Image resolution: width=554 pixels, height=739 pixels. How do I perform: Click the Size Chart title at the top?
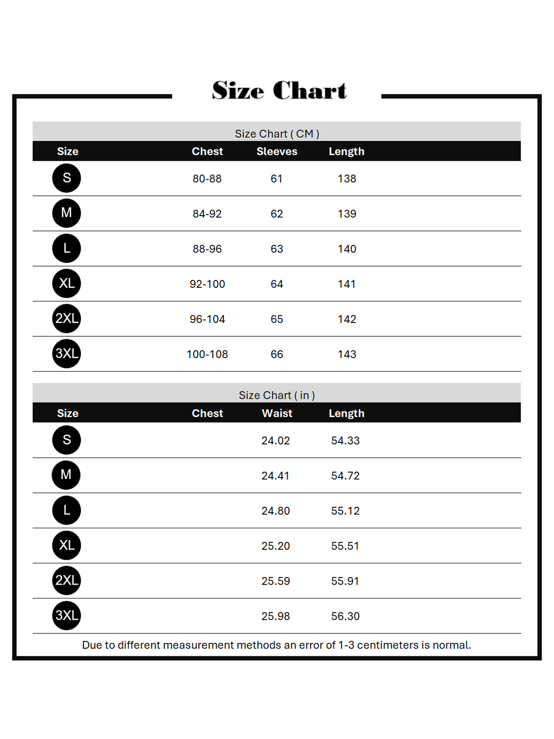pos(279,90)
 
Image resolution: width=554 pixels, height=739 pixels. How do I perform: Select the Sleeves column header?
pos(277,151)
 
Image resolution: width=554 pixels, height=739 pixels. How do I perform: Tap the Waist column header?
pos(277,413)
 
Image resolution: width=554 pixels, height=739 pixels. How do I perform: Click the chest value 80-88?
pos(207,179)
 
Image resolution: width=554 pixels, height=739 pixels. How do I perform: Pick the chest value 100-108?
pos(207,354)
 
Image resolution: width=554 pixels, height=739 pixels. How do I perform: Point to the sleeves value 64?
pos(277,284)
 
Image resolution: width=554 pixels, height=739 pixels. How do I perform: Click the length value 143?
pos(347,354)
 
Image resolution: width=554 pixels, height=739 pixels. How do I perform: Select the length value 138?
pos(347,179)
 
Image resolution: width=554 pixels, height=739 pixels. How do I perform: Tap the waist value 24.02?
pos(276,441)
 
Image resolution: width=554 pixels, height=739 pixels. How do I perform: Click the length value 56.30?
pos(345,616)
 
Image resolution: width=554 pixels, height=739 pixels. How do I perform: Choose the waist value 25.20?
pos(276,546)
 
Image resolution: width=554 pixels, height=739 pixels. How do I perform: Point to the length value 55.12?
pos(345,511)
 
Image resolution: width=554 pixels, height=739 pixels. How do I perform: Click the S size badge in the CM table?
pos(66,178)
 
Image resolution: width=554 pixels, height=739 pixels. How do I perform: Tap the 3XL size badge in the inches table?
pos(66,615)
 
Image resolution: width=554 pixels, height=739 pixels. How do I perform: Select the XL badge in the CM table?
pos(66,283)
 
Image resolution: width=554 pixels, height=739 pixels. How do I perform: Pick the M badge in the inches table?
pos(66,475)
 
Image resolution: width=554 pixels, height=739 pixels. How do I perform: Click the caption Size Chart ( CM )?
pos(277,134)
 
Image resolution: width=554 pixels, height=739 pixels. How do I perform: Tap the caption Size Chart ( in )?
pos(277,395)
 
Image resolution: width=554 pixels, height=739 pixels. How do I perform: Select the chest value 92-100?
pos(207,284)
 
